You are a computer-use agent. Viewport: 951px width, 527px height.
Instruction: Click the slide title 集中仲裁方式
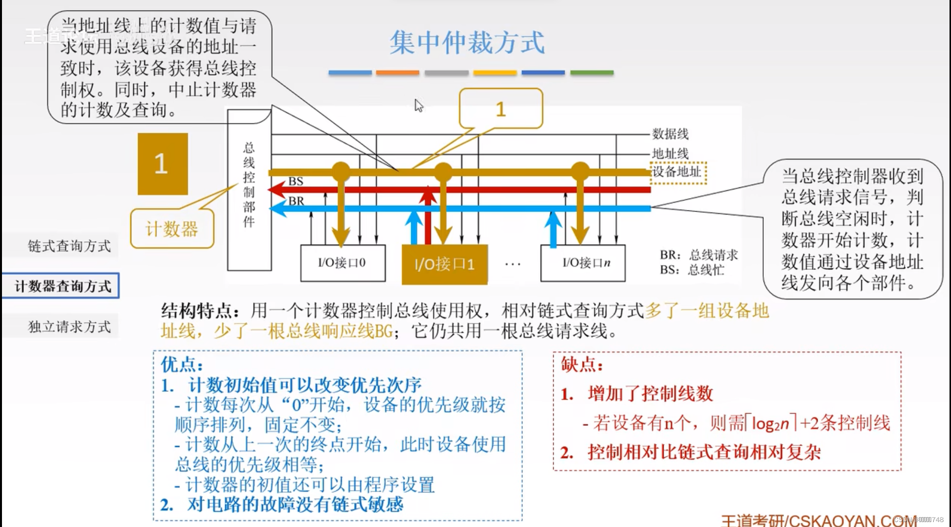point(467,43)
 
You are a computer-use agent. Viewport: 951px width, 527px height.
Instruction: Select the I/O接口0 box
point(342,263)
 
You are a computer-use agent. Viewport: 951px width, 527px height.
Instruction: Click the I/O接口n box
point(583,263)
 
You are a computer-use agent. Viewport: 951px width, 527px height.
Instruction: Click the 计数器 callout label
point(172,229)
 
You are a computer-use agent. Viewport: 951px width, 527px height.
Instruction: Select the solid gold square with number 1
point(162,164)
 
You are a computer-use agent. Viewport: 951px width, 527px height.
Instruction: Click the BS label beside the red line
point(296,181)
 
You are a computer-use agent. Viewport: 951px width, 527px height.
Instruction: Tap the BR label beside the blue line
point(296,201)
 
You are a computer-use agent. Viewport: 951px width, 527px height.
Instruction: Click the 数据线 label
point(670,134)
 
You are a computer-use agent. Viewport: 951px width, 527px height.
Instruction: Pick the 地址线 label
point(670,154)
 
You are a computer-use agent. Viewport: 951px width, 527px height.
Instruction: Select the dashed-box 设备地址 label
point(678,172)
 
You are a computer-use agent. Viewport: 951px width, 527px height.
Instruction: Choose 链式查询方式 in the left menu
point(69,246)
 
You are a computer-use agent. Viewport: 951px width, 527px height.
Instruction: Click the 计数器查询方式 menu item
point(62,286)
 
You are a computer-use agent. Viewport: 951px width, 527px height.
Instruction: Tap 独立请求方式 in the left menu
point(69,327)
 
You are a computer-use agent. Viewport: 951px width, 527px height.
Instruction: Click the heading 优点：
point(182,365)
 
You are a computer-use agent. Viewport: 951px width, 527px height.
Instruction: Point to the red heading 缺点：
point(582,365)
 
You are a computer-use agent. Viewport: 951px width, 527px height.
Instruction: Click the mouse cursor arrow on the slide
point(419,105)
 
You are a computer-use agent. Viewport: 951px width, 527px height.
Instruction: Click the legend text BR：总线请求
point(699,255)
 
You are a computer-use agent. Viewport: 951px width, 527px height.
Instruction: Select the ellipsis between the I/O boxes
point(513,264)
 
